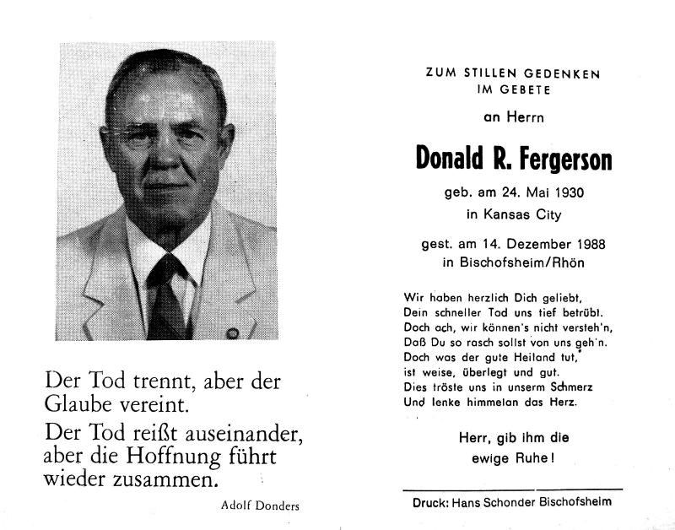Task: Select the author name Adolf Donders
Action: (x=253, y=506)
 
